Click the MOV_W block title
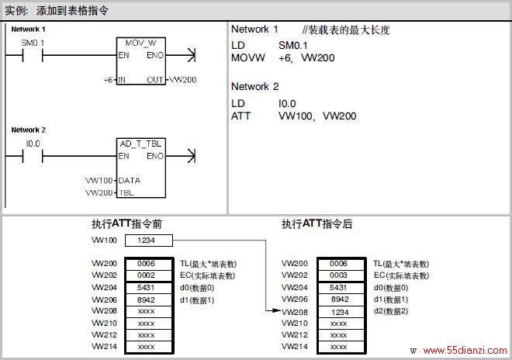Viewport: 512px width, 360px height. [x=141, y=43]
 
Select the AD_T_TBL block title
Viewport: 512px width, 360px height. [x=140, y=144]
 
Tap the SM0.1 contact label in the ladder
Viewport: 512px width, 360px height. [x=33, y=43]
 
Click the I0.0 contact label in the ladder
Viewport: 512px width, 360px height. [x=33, y=144]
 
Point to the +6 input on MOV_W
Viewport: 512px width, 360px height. [x=108, y=80]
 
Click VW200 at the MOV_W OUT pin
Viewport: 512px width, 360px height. [x=183, y=80]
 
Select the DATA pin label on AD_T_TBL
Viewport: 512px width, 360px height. [x=130, y=181]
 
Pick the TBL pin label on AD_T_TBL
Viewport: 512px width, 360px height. [x=126, y=192]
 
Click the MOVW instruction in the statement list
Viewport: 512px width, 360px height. [x=247, y=58]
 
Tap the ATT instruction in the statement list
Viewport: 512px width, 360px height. [x=241, y=116]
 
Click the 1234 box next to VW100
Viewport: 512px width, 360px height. [x=149, y=241]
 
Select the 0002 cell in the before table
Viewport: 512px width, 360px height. [x=149, y=275]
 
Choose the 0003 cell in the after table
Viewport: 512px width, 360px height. [x=341, y=275]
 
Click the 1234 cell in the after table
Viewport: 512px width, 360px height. [x=341, y=313]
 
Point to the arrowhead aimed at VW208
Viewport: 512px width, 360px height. [x=276, y=310]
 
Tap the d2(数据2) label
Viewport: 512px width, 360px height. [x=391, y=311]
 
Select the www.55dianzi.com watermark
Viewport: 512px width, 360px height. [x=465, y=351]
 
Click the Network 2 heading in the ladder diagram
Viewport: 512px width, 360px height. [x=29, y=130]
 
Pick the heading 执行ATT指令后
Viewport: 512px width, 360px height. [x=317, y=224]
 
